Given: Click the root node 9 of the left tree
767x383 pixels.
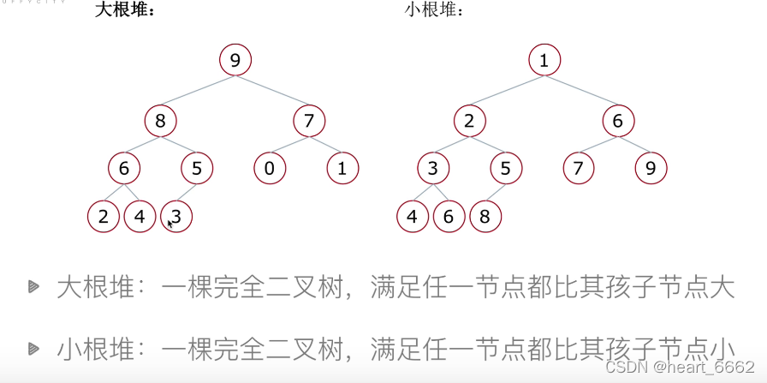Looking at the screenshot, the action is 235,60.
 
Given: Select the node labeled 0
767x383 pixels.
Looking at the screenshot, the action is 270,169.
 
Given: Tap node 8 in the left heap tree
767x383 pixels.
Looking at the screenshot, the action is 160,121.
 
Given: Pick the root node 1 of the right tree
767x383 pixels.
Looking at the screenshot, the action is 544,60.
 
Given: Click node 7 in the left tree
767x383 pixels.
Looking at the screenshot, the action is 309,121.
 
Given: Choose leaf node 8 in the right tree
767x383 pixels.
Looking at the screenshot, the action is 485,216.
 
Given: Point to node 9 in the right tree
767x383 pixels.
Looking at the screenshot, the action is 651,169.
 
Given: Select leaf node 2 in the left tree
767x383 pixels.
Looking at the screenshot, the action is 104,216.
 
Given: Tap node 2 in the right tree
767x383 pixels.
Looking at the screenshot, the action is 469,121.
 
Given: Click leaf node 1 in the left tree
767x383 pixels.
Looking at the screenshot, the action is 342,169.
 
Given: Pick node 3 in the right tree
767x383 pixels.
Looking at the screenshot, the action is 434,169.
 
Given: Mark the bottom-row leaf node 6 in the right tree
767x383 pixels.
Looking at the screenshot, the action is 449,216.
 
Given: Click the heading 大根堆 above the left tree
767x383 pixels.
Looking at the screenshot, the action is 123,12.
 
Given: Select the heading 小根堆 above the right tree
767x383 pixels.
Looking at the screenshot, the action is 434,12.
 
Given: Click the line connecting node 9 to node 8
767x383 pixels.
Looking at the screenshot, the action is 198,91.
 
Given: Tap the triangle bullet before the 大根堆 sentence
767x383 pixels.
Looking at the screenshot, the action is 33,286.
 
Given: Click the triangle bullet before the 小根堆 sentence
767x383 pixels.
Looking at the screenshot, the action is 33,348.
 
